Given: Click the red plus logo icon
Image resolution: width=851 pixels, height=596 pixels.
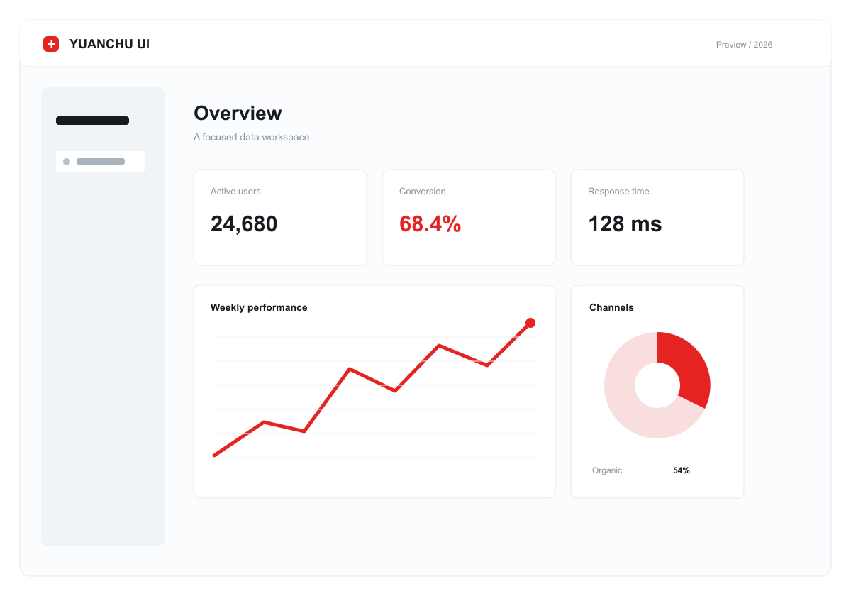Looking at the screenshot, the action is click(x=51, y=44).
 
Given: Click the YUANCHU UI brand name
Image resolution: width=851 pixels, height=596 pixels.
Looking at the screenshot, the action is click(x=109, y=44).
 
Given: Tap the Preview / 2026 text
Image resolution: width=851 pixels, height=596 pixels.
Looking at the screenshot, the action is click(x=744, y=45).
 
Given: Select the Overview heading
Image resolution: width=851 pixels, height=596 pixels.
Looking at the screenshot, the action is click(x=238, y=114).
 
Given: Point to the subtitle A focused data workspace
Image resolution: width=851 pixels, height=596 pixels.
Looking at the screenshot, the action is click(x=251, y=137).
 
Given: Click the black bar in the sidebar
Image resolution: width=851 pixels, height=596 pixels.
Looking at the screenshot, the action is click(x=92, y=121).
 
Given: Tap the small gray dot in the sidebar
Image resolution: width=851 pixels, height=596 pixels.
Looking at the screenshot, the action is click(x=67, y=162).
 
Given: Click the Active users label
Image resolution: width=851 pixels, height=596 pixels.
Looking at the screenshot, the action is click(x=235, y=191).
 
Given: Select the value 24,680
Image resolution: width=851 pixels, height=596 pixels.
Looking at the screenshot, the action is click(x=244, y=224).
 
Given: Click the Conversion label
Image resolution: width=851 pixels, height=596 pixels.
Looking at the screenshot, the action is click(x=422, y=191).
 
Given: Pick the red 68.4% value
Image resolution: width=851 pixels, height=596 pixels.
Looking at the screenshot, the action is click(x=430, y=224).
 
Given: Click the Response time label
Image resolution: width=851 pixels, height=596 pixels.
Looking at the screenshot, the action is click(x=618, y=191).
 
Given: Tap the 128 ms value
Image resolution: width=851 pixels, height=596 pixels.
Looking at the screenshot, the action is click(x=625, y=224).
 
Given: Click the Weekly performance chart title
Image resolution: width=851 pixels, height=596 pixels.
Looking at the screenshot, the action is click(x=259, y=307).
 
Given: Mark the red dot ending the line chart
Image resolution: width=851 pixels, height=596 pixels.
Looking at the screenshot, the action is click(x=530, y=323).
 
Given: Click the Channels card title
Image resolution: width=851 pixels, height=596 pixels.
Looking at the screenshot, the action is click(x=611, y=307).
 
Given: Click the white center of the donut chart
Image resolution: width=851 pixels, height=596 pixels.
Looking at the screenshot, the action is click(x=657, y=385).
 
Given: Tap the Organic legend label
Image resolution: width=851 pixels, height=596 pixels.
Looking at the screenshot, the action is click(x=607, y=470).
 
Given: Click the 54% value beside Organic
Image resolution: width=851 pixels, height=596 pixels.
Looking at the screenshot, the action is click(x=682, y=470).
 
